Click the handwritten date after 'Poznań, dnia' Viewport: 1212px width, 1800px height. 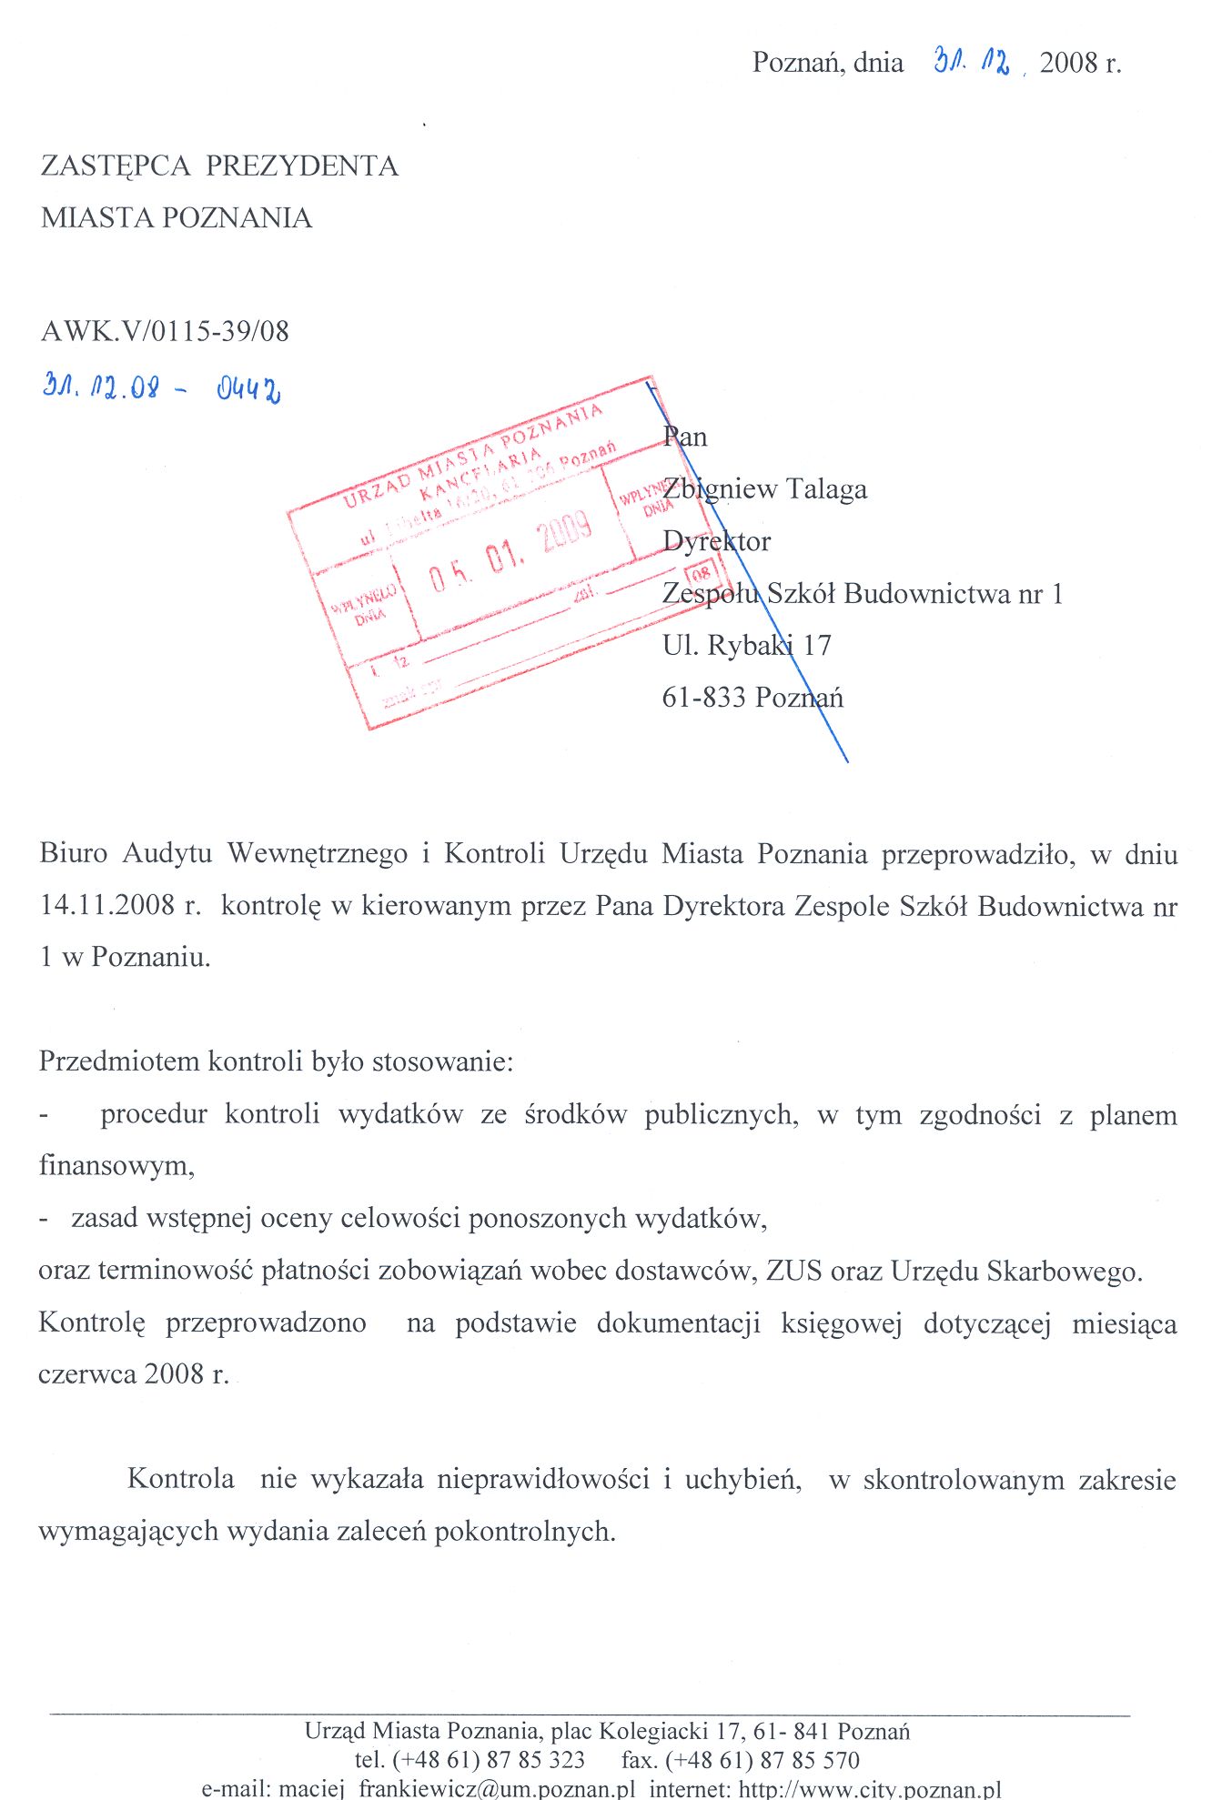(972, 62)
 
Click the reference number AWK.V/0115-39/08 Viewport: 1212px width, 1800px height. (165, 331)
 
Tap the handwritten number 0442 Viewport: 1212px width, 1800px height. (248, 389)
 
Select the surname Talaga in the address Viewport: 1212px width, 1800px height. (826, 489)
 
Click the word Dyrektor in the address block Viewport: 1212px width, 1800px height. (716, 541)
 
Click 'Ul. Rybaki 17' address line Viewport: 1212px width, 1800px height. (746, 646)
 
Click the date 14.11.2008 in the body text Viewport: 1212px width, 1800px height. (107, 906)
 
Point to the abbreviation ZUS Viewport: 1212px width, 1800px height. (794, 1271)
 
